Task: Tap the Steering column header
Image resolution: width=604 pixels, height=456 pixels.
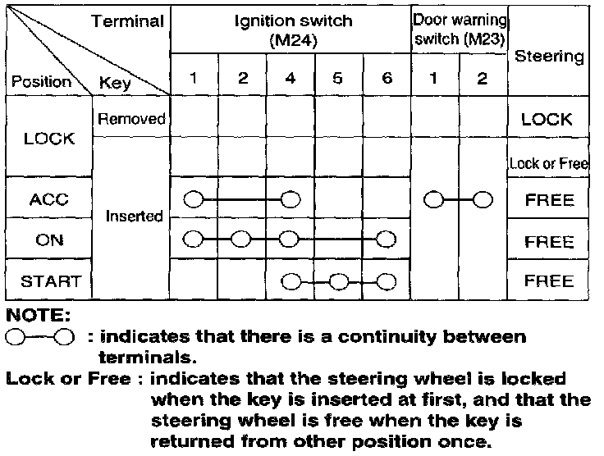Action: [549, 57]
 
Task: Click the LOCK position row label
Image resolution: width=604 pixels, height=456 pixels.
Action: [49, 138]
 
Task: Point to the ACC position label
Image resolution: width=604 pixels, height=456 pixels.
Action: [49, 200]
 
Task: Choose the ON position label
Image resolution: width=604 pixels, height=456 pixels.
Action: [49, 242]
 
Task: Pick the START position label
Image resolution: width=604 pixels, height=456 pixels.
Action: [49, 282]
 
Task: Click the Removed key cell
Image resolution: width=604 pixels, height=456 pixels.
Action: [131, 119]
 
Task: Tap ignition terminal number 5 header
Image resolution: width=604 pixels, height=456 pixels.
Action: [338, 79]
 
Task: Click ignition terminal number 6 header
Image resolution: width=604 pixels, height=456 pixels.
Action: [387, 79]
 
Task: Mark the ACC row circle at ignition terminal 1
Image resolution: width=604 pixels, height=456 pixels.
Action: [194, 199]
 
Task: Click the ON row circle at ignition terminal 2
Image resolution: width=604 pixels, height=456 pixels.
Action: [241, 239]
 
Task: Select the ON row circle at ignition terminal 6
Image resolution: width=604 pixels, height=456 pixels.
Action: [387, 239]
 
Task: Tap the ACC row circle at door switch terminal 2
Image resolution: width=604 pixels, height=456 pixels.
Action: [483, 199]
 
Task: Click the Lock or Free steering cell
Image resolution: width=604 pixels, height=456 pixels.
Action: [549, 163]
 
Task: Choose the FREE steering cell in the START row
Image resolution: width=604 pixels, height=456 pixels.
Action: [549, 282]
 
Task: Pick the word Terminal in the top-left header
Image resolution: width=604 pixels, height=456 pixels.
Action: [127, 22]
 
